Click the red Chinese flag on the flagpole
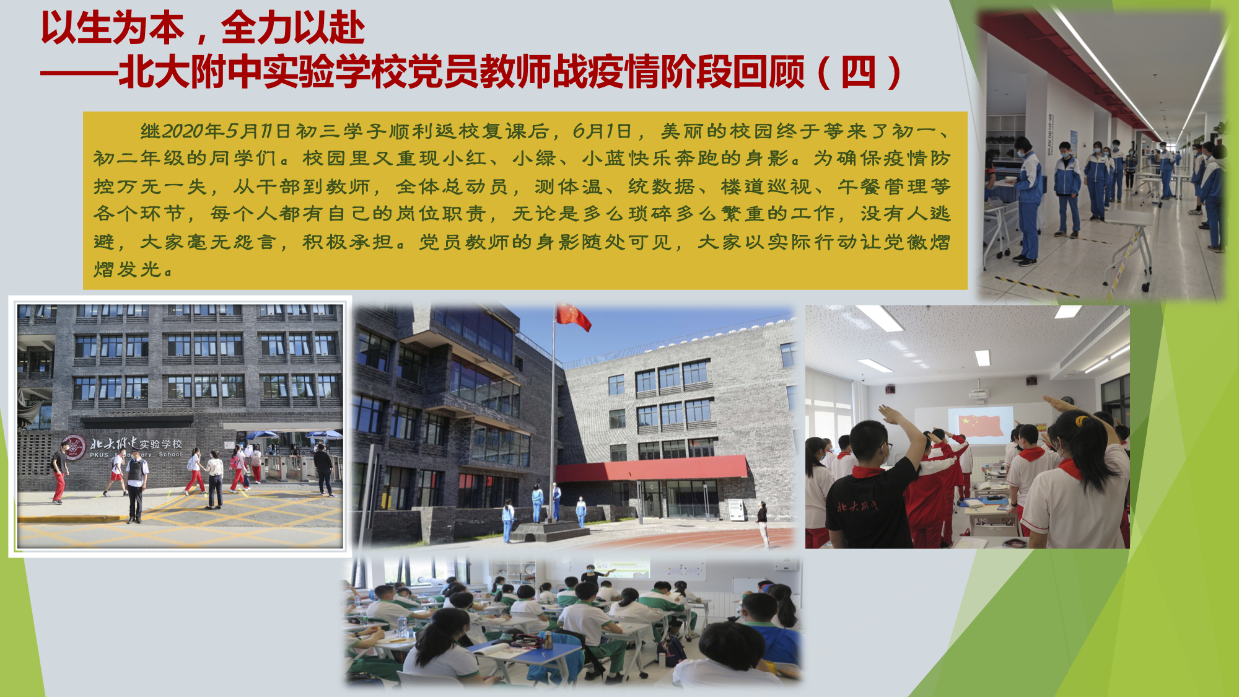click(x=572, y=317)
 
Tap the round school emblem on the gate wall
click(x=73, y=447)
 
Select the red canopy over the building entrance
click(x=652, y=468)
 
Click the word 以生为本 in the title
click(x=113, y=28)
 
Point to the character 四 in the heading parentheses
click(x=858, y=72)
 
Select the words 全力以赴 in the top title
click(x=293, y=28)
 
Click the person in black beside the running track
click(x=763, y=524)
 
